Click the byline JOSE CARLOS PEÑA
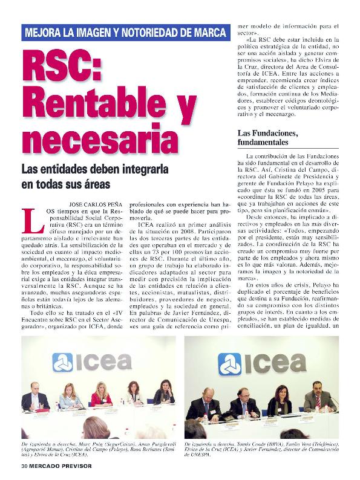point(88,206)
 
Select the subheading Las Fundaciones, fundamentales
point(267,137)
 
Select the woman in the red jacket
point(102,395)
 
